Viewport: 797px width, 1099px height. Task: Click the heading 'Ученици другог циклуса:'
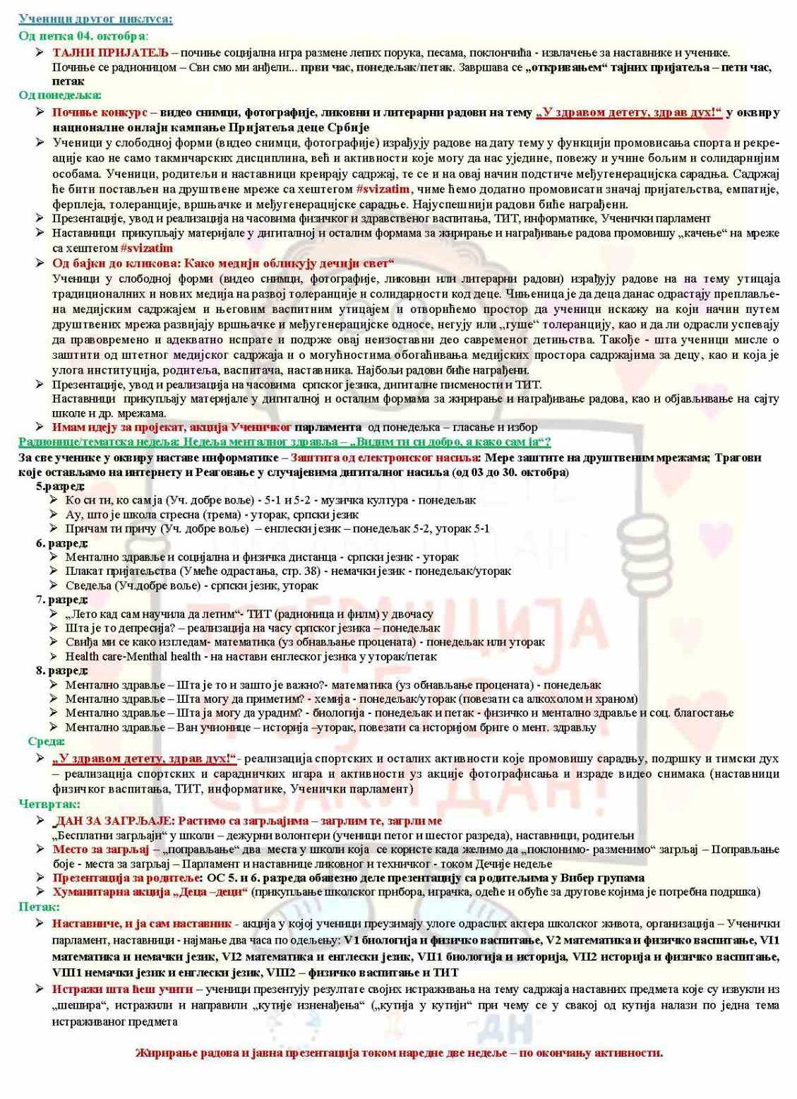click(95, 19)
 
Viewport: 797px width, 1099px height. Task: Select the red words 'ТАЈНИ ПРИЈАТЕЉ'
click(110, 52)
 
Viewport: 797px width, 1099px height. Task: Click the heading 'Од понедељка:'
click(60, 95)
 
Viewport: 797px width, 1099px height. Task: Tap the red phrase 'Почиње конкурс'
click(100, 112)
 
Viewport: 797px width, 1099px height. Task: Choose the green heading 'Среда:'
click(47, 741)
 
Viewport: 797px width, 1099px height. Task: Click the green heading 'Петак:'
click(39, 906)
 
